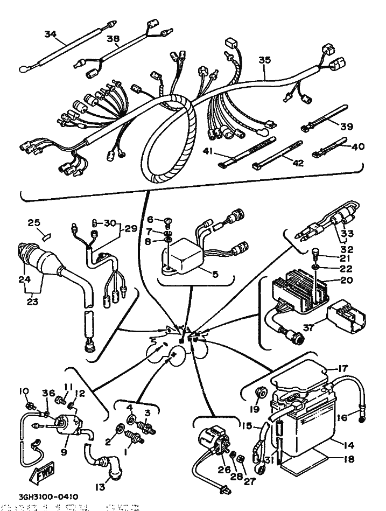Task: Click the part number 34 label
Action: coord(50,34)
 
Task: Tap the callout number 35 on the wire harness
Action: coord(264,60)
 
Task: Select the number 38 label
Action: coord(113,38)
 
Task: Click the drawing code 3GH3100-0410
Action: coord(41,497)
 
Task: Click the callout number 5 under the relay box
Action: coord(215,274)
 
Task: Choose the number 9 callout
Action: coord(64,452)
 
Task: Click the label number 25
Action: coord(34,223)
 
